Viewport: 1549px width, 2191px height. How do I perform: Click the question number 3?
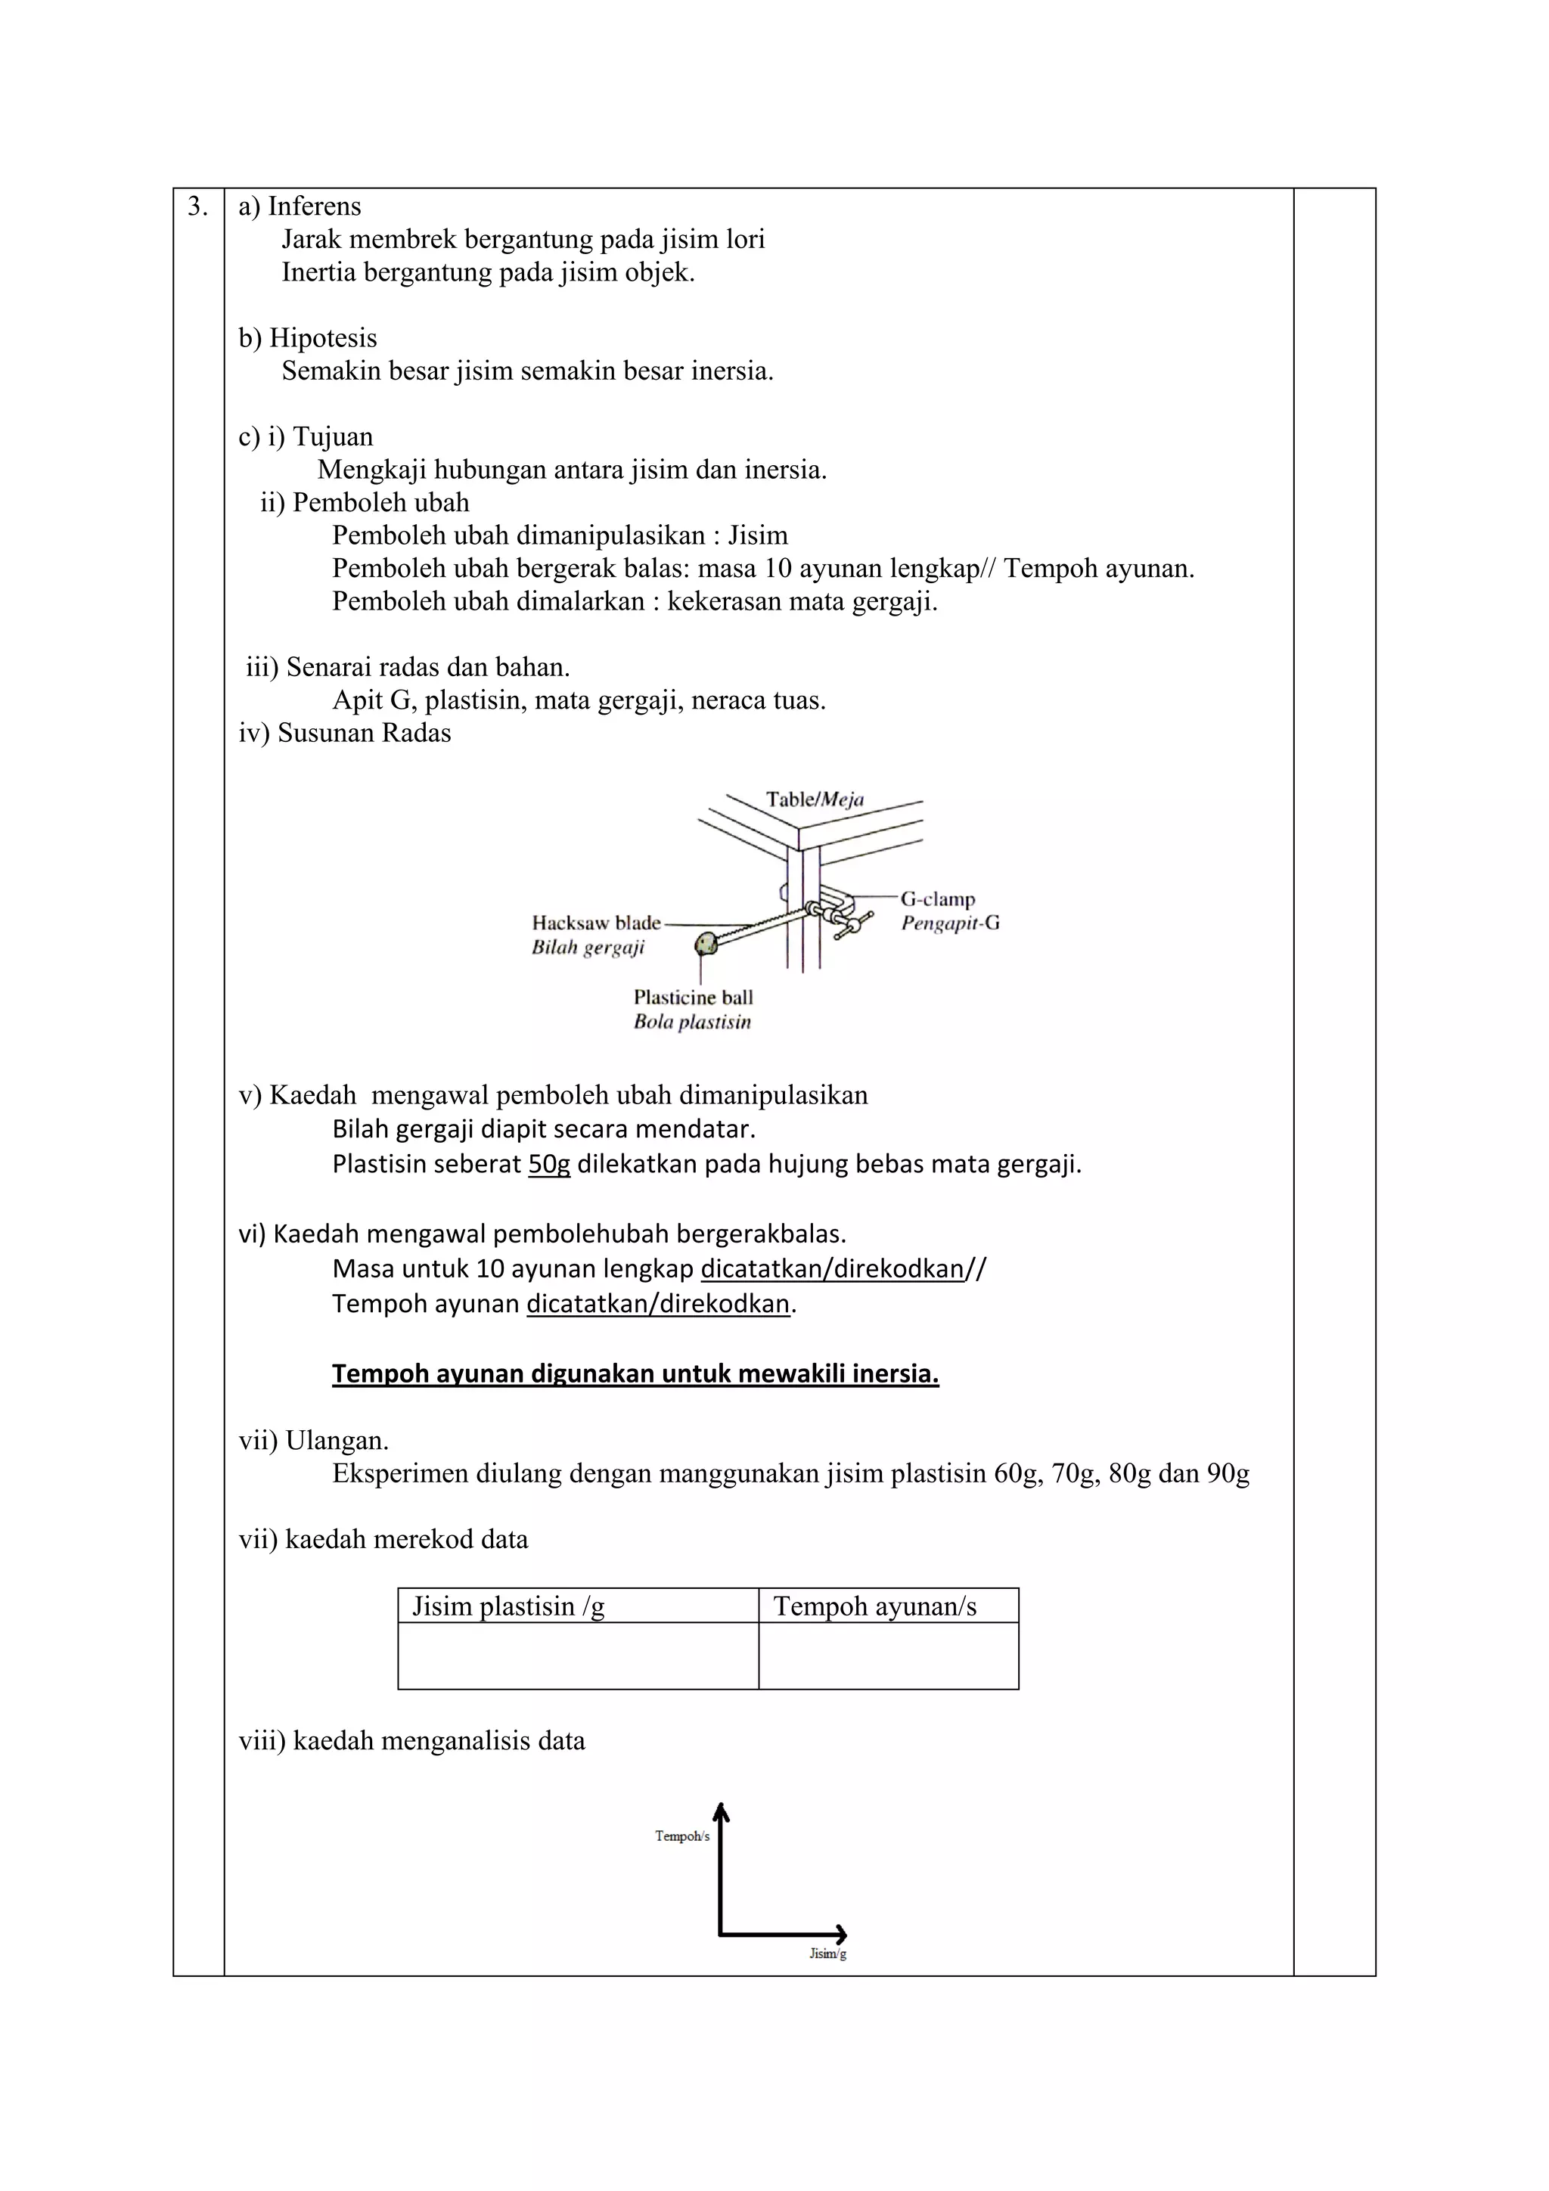[x=197, y=207]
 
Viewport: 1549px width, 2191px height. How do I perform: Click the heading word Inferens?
[x=314, y=207]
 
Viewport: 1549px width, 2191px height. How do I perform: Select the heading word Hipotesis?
[x=323, y=339]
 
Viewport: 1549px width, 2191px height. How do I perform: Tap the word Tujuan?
[x=332, y=437]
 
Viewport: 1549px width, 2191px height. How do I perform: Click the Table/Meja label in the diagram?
[x=814, y=799]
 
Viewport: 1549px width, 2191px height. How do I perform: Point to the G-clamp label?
[x=937, y=899]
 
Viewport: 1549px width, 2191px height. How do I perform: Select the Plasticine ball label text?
[x=693, y=998]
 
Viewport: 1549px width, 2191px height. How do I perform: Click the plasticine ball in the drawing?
[x=706, y=944]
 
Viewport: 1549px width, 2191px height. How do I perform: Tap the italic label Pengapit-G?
[x=950, y=923]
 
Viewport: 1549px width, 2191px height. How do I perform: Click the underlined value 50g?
[x=549, y=1165]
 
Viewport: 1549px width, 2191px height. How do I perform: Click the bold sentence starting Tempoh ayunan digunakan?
[x=635, y=1374]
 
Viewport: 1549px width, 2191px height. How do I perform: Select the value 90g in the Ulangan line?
[x=1228, y=1474]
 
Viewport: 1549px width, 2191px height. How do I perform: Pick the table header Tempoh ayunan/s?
[x=874, y=1607]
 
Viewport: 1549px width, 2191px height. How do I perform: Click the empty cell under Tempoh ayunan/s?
[x=888, y=1656]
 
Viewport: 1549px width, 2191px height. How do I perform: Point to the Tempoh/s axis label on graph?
[x=681, y=1836]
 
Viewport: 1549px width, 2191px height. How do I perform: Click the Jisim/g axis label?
[x=827, y=1954]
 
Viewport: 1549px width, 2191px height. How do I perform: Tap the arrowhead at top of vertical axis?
[x=722, y=1808]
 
